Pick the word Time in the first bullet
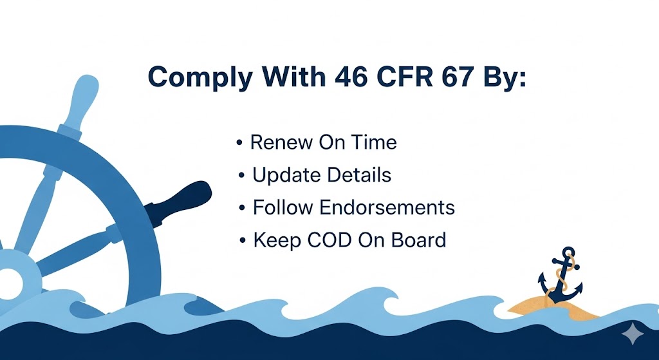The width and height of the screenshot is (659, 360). click(374, 142)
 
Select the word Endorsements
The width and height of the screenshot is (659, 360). click(385, 208)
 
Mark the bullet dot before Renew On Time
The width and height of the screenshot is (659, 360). click(240, 142)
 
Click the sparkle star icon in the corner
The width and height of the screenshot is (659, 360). click(633, 334)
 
